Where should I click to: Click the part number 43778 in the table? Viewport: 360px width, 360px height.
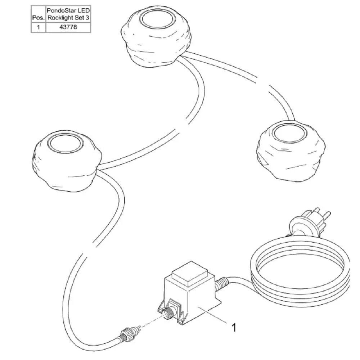pyautogui.click(x=68, y=27)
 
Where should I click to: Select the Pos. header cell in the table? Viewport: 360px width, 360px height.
pyautogui.click(x=39, y=14)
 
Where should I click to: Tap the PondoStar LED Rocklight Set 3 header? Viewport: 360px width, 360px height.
pyautogui.click(x=68, y=14)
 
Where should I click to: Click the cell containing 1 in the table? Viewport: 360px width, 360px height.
pyautogui.click(x=39, y=27)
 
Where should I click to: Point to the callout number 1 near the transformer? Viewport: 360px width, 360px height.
pyautogui.click(x=234, y=328)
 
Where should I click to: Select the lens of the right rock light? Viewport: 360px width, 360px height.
pyautogui.click(x=289, y=134)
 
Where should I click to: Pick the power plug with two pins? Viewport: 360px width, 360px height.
pyautogui.click(x=309, y=223)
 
